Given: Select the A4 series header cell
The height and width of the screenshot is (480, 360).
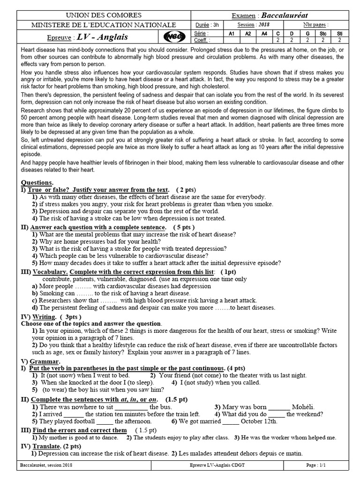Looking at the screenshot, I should (x=264, y=34).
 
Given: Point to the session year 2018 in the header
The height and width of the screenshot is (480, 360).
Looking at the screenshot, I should (x=264, y=25).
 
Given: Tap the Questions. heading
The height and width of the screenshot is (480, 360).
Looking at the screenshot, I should (x=37, y=182).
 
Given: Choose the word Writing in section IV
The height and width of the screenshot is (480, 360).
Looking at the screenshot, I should (x=44, y=317).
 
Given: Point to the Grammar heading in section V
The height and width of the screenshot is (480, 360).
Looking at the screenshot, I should (x=45, y=361).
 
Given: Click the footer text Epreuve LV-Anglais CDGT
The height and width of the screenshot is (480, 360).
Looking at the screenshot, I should (x=213, y=465).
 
